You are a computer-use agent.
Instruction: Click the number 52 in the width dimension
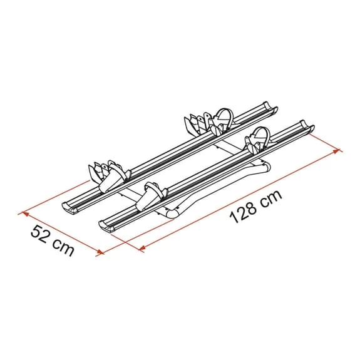39,234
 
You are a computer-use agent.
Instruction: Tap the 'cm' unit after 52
63,247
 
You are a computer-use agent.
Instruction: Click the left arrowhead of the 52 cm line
24,213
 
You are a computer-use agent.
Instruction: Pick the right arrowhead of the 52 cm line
100,252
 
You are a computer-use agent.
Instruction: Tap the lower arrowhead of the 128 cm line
143,248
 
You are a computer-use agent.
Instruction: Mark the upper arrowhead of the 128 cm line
336,151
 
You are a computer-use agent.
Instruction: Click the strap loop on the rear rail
225,116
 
